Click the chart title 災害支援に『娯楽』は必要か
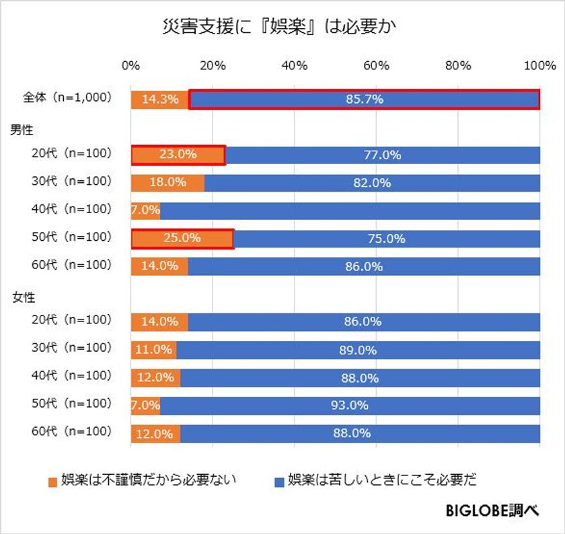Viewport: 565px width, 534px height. coord(282,26)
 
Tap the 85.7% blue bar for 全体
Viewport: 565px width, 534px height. coord(364,100)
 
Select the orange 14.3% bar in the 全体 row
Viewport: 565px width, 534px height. coord(159,100)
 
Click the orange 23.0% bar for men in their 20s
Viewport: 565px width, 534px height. coord(178,155)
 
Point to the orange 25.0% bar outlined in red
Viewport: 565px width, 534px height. coord(182,239)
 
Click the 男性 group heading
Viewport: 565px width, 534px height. coord(24,127)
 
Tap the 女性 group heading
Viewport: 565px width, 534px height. coord(24,295)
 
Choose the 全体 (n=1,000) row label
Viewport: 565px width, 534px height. coord(66,98)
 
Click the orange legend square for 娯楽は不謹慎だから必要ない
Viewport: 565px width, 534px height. coord(53,481)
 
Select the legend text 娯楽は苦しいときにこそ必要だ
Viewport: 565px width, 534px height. coord(382,480)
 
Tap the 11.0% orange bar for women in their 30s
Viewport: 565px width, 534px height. coord(153,350)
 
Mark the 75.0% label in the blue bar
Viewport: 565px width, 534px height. coord(386,239)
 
